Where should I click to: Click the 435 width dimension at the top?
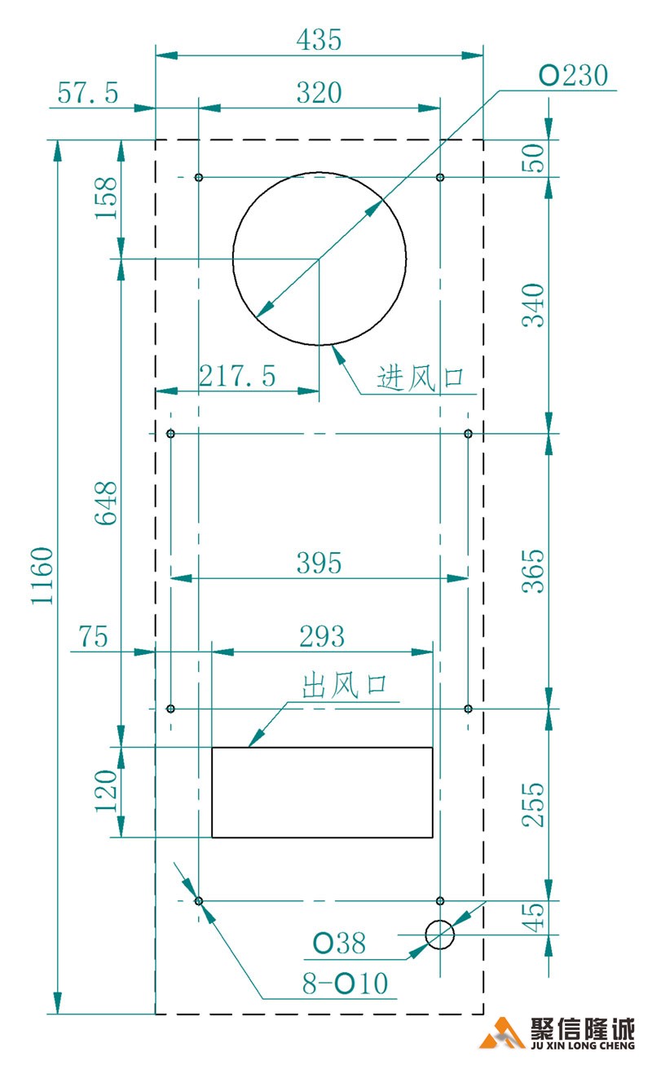point(319,40)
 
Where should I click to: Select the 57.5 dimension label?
point(87,93)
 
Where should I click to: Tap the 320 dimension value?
point(319,93)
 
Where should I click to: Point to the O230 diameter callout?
point(574,77)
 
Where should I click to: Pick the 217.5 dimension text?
point(238,376)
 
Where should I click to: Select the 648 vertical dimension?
point(107,503)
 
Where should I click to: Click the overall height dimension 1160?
point(42,576)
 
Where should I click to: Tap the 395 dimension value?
point(319,563)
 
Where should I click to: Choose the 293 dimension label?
point(321,636)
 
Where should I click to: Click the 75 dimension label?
point(93,636)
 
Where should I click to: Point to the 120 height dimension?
point(107,792)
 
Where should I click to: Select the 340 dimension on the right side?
point(533,304)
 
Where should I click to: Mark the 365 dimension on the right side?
point(533,570)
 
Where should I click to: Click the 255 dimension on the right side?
point(533,805)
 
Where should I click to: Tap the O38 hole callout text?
point(340,944)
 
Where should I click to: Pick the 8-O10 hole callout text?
point(345,983)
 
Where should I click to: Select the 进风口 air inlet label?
point(420,378)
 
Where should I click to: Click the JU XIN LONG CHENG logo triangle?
point(502,1034)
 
